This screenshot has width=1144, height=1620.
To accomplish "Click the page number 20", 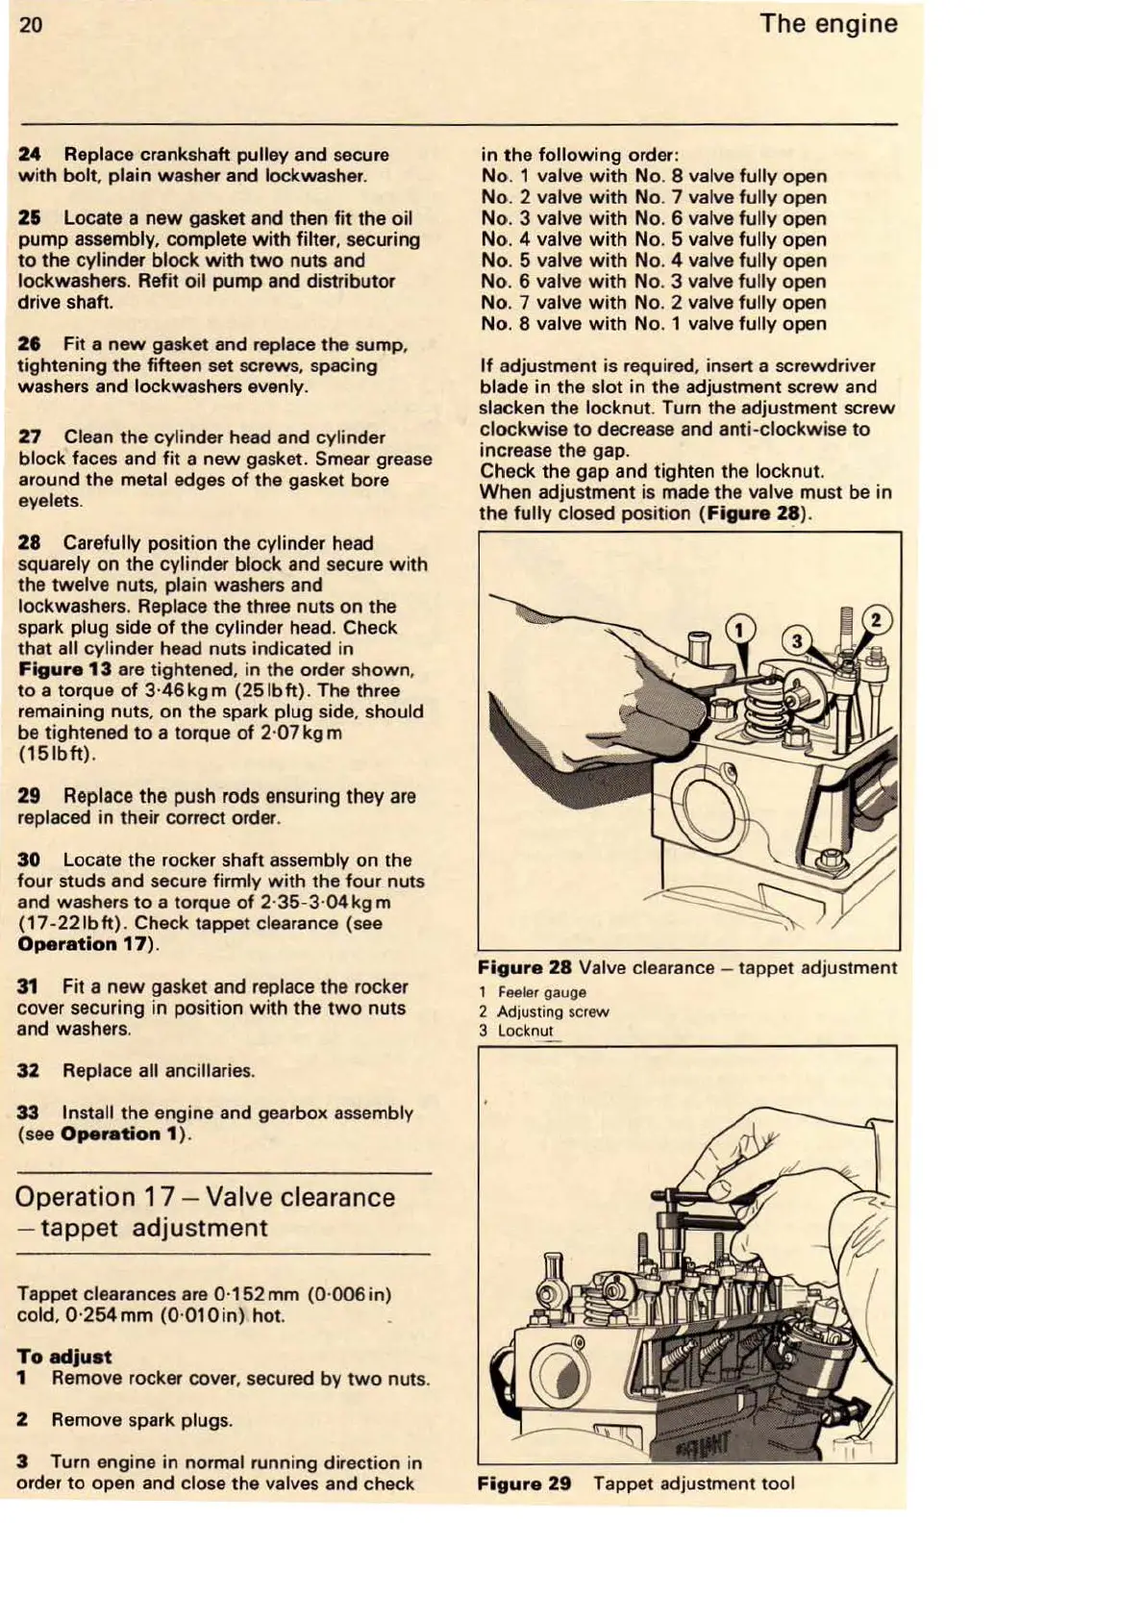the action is point(31,25).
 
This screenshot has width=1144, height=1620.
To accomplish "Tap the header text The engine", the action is point(828,24).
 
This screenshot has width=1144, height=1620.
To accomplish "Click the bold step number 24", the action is point(30,155).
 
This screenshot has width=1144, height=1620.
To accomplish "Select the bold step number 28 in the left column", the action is point(30,543).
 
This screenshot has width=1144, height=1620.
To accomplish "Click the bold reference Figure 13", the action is point(64,670).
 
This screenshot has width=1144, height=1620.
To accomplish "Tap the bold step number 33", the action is point(29,1113).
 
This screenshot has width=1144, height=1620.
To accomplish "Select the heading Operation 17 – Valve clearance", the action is point(205,1198).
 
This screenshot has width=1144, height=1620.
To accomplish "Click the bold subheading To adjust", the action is point(63,1358).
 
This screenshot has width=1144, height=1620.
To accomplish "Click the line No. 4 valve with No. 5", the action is point(653,239).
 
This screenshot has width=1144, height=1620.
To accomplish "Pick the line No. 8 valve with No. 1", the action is point(653,324).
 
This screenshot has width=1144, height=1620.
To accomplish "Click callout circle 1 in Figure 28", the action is point(739,630).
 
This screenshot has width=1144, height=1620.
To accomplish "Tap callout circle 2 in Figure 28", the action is point(876,620).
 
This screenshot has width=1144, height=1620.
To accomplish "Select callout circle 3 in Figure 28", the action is point(797,641).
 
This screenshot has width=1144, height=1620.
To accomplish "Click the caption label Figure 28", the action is point(524,968).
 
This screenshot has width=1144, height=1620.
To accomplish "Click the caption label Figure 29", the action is point(524,1483).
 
